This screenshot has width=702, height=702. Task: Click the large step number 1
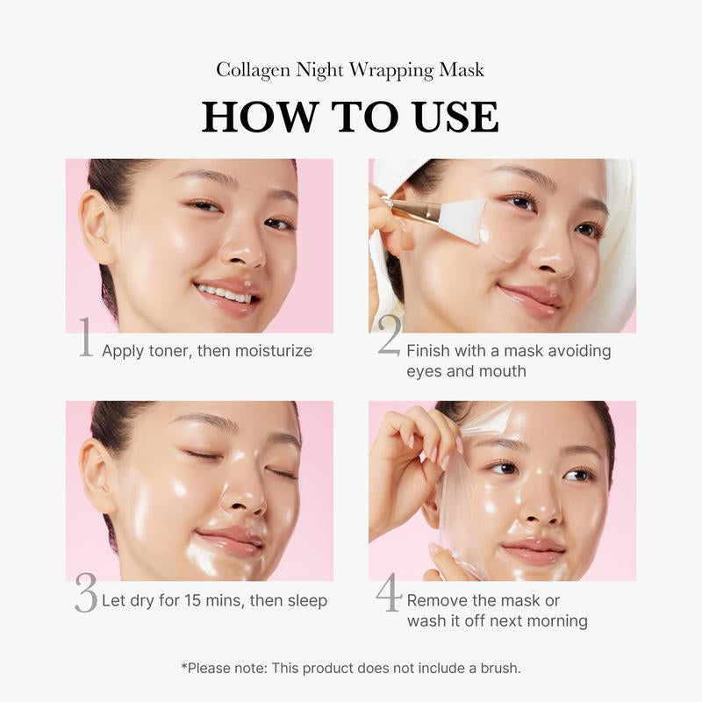coord(85,340)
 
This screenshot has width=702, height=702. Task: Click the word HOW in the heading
coord(255,118)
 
